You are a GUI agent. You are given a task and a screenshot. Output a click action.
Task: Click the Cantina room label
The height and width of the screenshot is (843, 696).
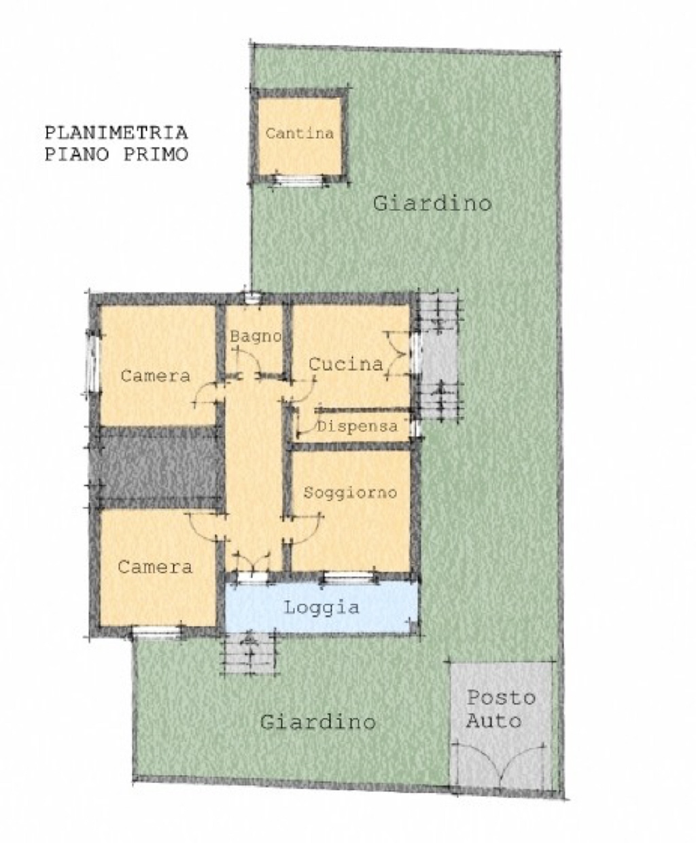pos(300,133)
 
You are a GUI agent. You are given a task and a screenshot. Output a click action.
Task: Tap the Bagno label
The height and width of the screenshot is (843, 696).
pos(256,336)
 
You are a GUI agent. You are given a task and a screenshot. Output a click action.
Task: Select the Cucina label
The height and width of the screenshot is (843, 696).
pos(345,364)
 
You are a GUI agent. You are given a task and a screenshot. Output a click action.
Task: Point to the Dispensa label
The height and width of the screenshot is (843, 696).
pos(357,427)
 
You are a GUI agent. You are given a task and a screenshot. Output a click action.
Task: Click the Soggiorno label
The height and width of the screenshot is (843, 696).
pos(350,493)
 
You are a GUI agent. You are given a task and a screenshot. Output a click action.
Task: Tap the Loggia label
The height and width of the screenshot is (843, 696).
pos(321,608)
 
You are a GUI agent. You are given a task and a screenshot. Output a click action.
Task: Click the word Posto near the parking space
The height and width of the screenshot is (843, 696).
pos(501,697)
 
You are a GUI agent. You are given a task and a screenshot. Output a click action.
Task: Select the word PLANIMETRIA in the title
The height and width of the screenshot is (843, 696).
pos(116,133)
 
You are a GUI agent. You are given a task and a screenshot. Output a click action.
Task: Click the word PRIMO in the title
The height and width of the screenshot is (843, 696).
pos(156,154)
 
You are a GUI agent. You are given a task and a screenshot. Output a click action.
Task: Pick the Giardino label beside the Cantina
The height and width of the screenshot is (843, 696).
pos(432,203)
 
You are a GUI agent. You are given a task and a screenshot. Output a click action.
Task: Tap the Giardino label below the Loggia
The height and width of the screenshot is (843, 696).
pos(318,722)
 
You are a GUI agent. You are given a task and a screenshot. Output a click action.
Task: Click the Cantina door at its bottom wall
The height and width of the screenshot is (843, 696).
pos(299,180)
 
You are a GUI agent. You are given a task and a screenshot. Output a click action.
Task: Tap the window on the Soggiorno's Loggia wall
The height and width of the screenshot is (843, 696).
pos(349,578)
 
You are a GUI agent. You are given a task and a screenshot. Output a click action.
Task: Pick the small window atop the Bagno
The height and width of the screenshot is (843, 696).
pos(252,298)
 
